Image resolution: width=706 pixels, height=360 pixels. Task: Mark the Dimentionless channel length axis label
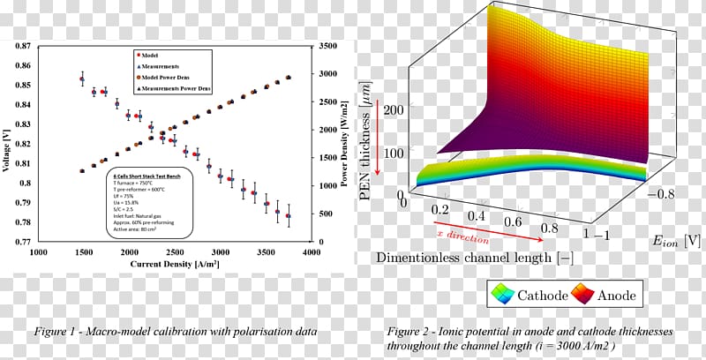click(484, 258)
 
